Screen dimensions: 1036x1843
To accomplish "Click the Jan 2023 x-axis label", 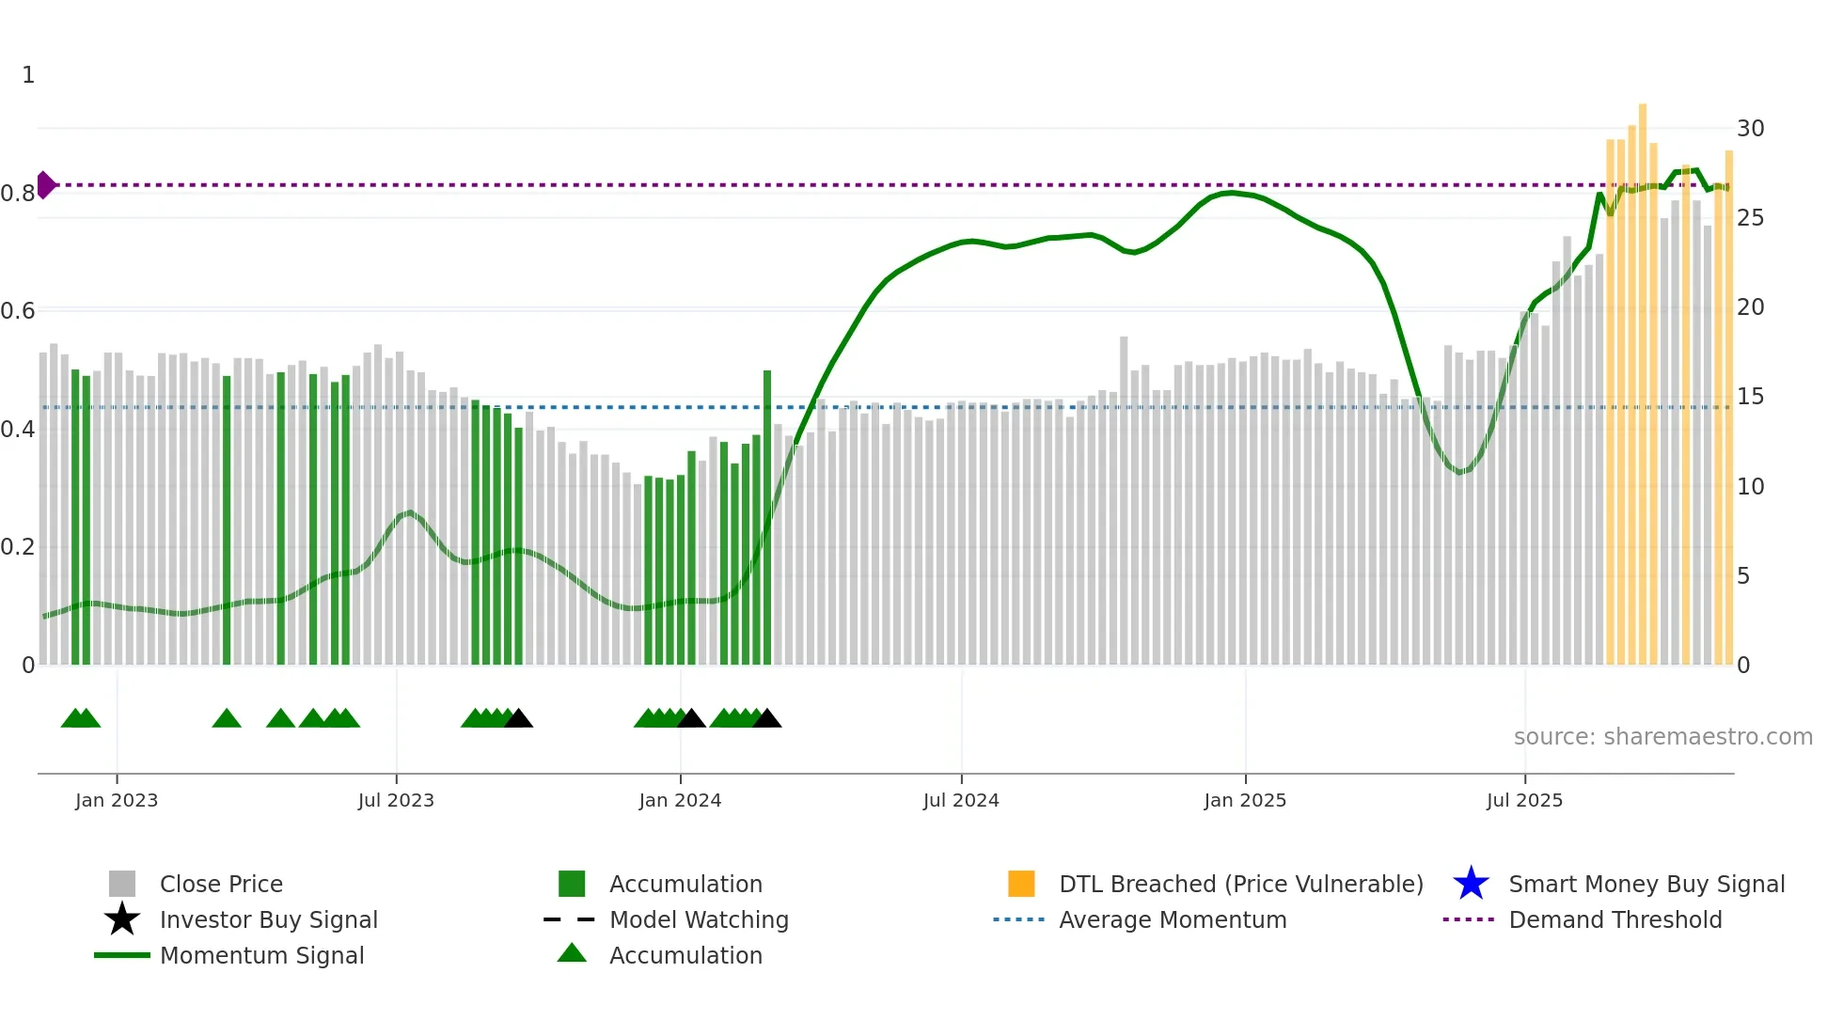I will (x=117, y=800).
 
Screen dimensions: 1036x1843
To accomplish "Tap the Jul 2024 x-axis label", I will (x=961, y=800).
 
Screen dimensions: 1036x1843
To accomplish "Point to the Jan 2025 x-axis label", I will (x=1245, y=800).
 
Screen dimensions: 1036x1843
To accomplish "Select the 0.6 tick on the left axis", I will (x=18, y=310).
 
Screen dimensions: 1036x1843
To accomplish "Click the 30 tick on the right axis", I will (x=1750, y=128).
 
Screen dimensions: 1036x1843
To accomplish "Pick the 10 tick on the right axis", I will (x=1750, y=486).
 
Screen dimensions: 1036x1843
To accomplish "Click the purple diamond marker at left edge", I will (x=45, y=185).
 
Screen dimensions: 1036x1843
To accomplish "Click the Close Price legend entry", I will (x=221, y=884).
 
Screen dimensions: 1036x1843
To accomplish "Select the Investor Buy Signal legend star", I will (x=122, y=919).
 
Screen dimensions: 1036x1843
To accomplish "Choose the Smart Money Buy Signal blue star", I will (x=1471, y=884).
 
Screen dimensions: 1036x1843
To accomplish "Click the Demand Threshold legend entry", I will (x=1615, y=919).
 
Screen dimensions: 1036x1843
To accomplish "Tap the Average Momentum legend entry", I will (x=1172, y=919).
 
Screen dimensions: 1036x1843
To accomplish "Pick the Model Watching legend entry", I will (x=699, y=919).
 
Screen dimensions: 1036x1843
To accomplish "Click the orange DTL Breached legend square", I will (x=1021, y=884).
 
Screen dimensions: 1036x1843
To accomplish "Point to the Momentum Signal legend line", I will (x=122, y=955).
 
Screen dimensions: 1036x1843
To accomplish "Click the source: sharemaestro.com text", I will (x=1662, y=736).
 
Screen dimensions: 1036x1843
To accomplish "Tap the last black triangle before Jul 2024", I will (x=767, y=719).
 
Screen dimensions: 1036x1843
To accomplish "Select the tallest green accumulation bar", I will (x=767, y=517).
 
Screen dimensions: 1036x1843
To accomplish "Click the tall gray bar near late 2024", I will (x=1124, y=498).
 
